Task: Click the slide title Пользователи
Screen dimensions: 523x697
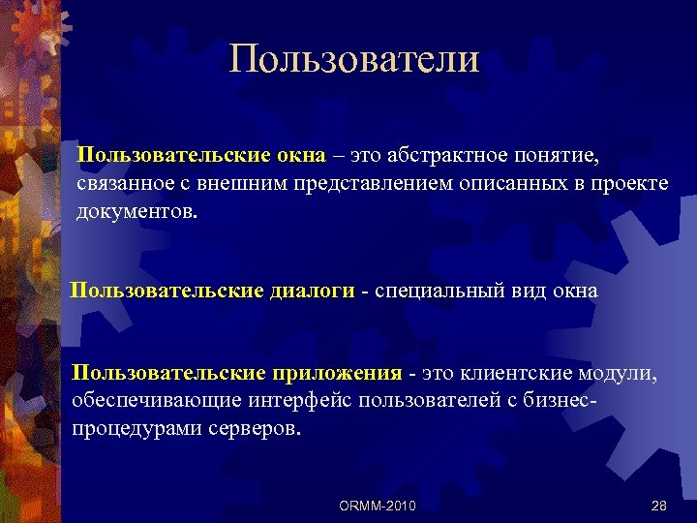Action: tap(354, 59)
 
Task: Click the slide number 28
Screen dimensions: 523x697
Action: tap(660, 506)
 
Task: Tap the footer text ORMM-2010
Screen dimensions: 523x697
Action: tap(379, 506)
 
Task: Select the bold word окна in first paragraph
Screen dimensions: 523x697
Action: tap(293, 156)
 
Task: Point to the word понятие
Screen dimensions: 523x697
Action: tap(574, 156)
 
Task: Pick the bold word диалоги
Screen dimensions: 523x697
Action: tap(312, 291)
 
